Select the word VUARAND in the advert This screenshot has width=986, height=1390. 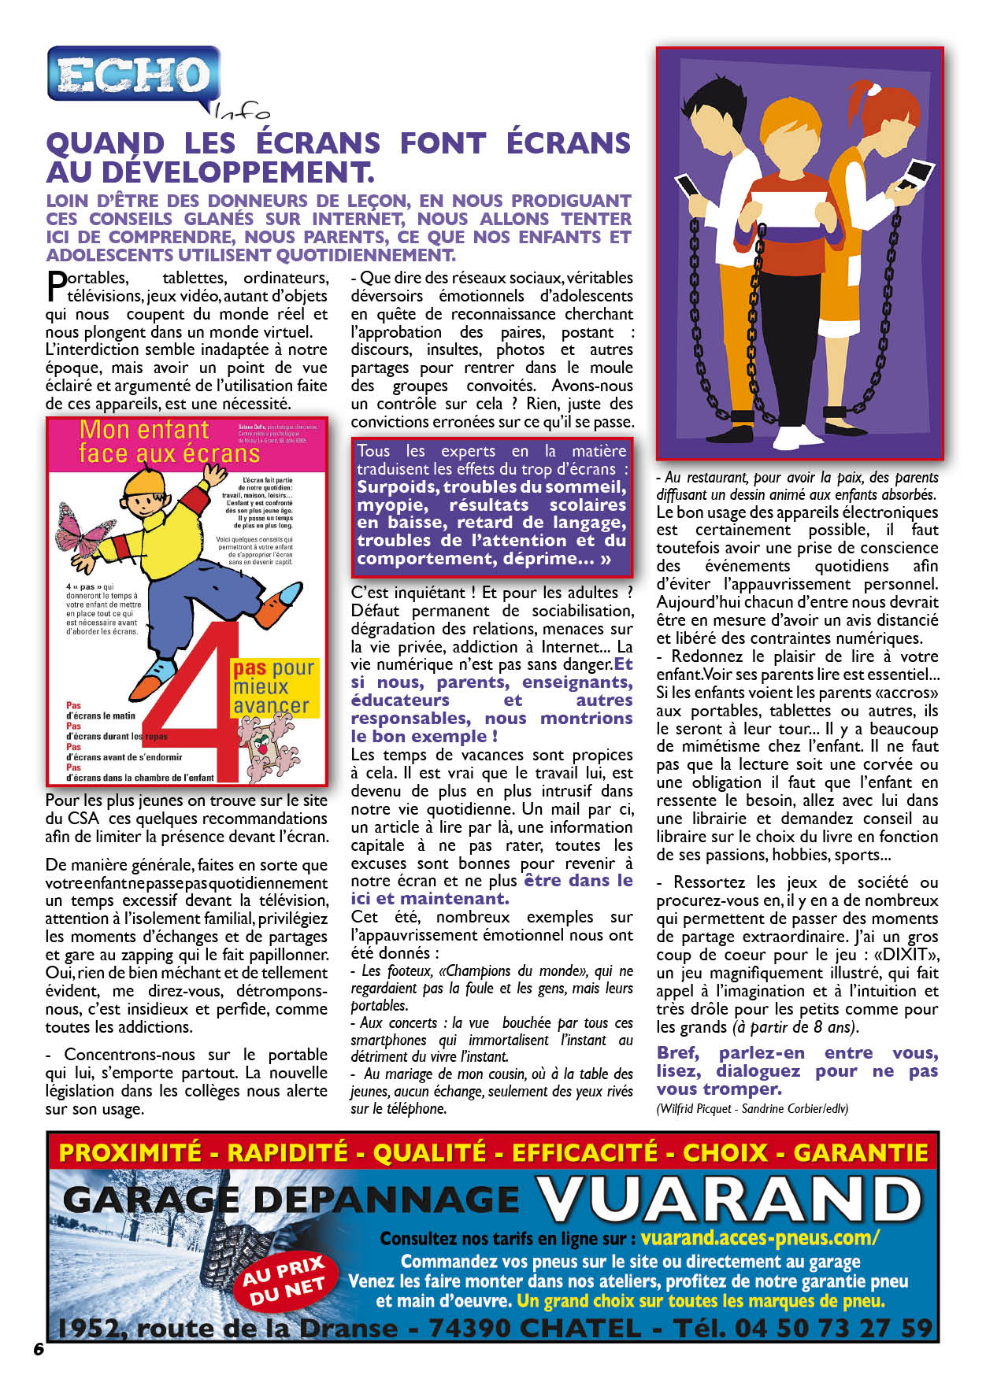[x=728, y=1201]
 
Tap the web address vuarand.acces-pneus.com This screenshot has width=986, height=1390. [x=759, y=1237]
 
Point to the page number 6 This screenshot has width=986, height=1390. [x=39, y=1348]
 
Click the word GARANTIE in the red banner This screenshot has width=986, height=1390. [x=861, y=1153]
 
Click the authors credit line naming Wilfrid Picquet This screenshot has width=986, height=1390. [x=752, y=1108]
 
